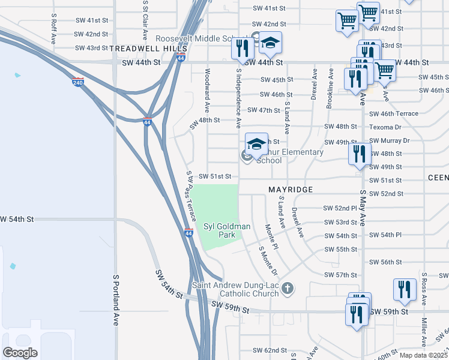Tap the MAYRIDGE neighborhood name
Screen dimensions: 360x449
[291, 190]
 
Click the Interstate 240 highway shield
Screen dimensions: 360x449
[78, 82]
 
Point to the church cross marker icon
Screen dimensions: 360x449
[288, 289]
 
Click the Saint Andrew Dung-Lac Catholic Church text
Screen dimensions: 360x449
[235, 289]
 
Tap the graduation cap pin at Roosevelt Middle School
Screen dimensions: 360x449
[270, 43]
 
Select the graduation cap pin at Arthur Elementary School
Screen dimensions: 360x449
[256, 145]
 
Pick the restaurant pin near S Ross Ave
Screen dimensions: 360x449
[405, 289]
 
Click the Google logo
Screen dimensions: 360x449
[20, 352]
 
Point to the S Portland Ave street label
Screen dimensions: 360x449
[115, 300]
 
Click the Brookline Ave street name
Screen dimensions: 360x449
[330, 88]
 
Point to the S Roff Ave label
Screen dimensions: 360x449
[53, 25]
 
